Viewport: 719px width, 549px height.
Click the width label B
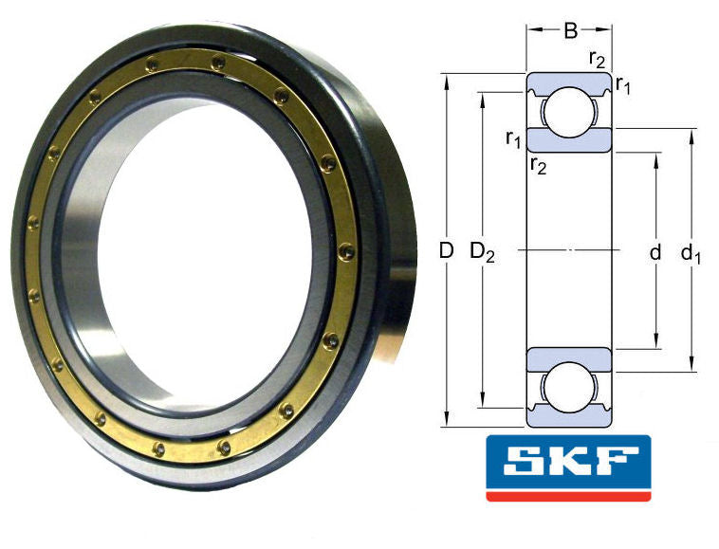[569, 31]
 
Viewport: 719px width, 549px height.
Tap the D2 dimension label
[483, 252]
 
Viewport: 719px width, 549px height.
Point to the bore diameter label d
[654, 253]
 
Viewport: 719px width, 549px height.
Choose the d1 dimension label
[691, 253]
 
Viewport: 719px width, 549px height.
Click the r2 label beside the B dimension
[597, 59]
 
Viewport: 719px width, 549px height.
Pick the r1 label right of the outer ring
[623, 86]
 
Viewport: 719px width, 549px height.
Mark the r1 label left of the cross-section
[513, 140]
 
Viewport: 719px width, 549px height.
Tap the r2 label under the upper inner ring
[538, 167]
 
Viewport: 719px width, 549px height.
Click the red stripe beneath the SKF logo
[568, 495]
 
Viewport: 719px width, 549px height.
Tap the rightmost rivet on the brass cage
[346, 252]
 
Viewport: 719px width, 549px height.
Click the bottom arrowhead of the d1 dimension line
[691, 364]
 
